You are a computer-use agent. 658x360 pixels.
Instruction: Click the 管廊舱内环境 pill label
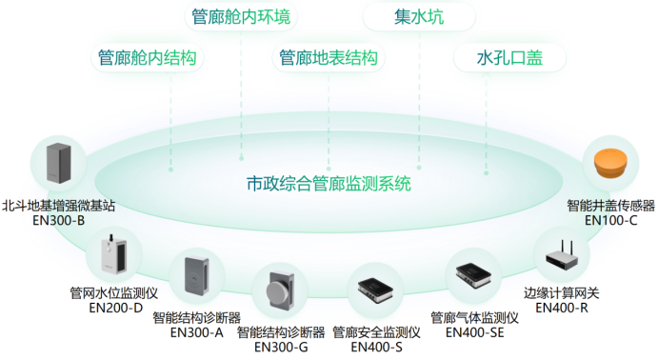click(241, 17)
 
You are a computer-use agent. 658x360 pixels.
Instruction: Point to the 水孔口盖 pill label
click(508, 58)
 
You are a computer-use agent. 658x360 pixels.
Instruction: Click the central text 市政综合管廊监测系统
click(329, 183)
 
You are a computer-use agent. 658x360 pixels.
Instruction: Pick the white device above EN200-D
click(113, 256)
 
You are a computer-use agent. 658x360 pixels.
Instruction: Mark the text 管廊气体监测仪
click(473, 317)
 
